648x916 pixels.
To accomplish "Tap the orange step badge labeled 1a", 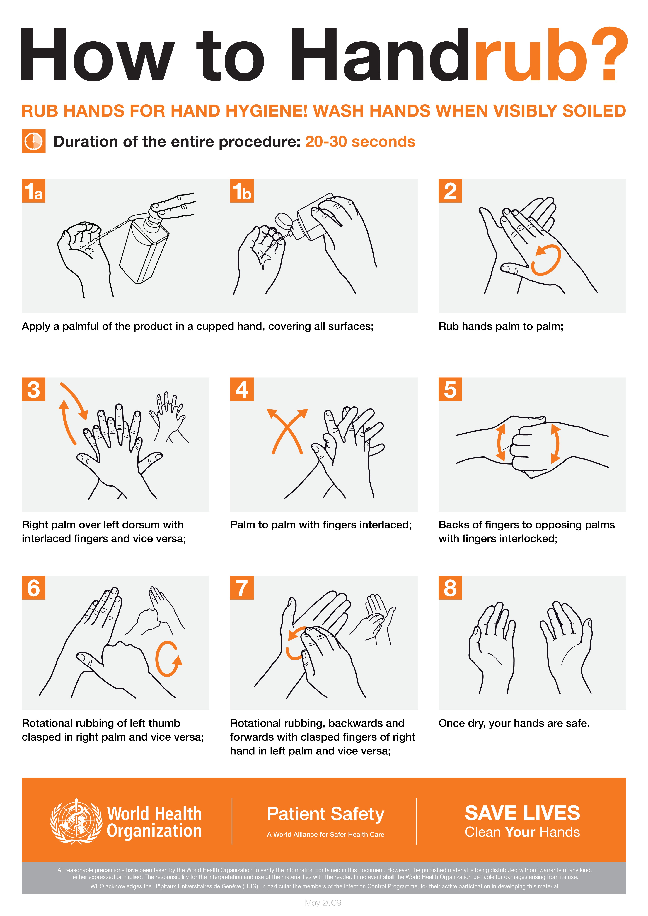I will tap(33, 191).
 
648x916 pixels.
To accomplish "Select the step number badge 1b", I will tap(242, 191).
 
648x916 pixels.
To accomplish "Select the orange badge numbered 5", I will tap(450, 389).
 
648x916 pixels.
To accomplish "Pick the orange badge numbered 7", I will tap(242, 588).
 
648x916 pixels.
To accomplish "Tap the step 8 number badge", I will tap(450, 588).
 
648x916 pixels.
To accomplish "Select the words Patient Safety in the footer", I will tap(325, 814).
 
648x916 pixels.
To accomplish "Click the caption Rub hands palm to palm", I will tap(501, 326).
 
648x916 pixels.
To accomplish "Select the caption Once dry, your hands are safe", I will tap(514, 723).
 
